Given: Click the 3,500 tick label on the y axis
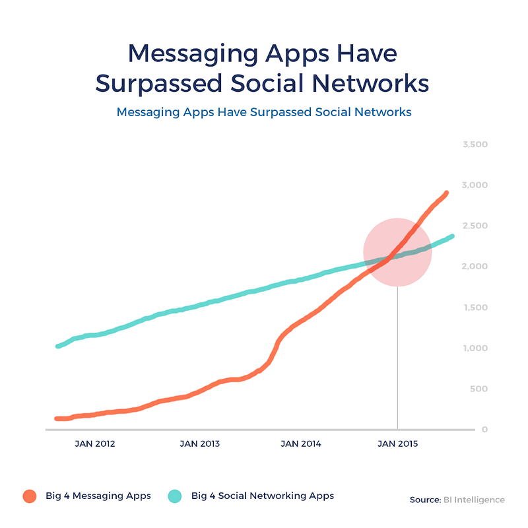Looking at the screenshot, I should (x=475, y=144).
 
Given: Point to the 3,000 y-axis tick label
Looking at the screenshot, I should (x=475, y=185).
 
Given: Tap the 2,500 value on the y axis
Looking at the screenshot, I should (x=475, y=226).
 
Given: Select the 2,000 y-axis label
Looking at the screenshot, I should (x=475, y=266).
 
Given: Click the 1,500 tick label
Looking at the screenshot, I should (x=475, y=307).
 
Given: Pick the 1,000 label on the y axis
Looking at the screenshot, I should (x=475, y=348).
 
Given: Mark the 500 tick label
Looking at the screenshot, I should (x=479, y=389).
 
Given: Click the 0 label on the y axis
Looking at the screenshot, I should (x=484, y=429).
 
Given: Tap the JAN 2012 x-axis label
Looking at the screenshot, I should (x=96, y=444).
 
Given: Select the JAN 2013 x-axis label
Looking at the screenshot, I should (x=199, y=444).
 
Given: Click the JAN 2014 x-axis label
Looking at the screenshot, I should (x=301, y=444).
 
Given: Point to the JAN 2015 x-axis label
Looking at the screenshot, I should (x=397, y=444).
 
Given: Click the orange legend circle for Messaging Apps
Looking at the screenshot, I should (x=28, y=496).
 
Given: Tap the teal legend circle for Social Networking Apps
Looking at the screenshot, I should (x=174, y=496).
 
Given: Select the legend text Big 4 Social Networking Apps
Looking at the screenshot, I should (x=263, y=496).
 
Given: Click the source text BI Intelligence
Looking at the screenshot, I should (x=473, y=500).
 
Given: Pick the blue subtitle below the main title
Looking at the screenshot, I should (x=264, y=112).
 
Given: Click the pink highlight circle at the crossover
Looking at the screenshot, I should (x=397, y=252).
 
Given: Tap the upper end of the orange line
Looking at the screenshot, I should (x=446, y=193).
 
